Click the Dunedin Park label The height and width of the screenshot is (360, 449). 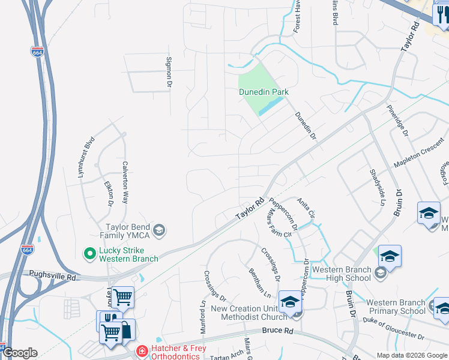click(264, 92)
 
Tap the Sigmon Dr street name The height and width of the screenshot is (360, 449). click(169, 71)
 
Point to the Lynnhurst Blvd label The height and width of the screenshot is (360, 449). click(86, 157)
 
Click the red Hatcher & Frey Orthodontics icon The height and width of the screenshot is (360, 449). click(142, 351)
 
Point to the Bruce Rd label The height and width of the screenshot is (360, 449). click(277, 331)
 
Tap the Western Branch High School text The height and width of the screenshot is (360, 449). click(342, 274)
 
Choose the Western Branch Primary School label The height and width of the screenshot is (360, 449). click(396, 307)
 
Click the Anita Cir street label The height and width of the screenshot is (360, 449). click(308, 208)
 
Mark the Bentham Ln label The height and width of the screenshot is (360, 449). click(259, 283)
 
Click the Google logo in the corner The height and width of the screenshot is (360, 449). click(20, 353)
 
